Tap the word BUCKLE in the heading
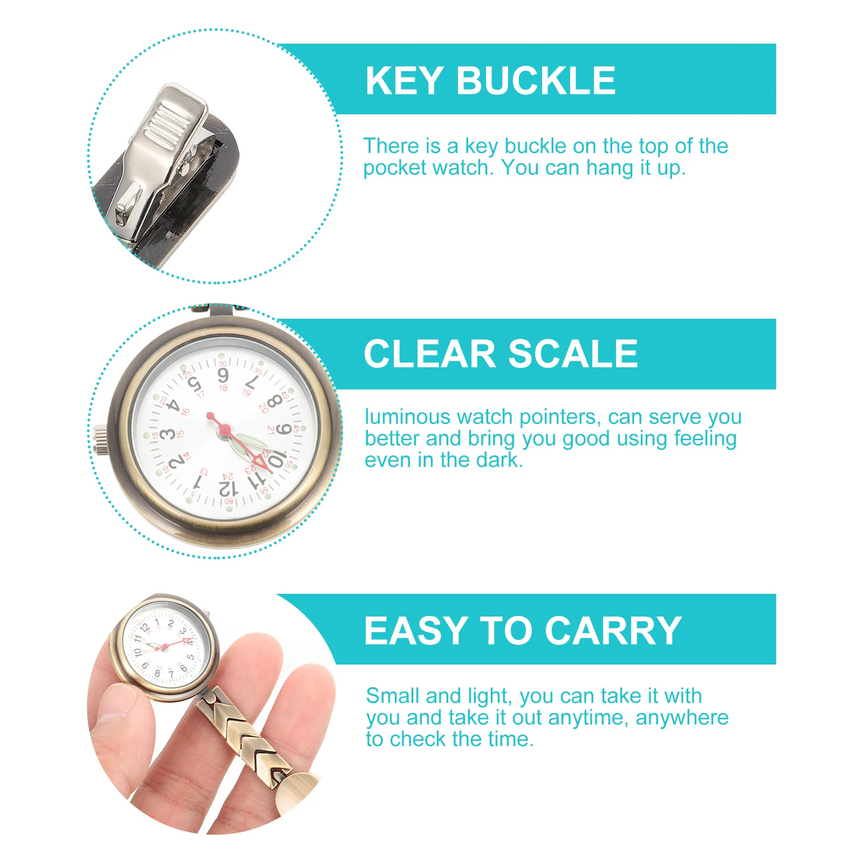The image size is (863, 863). click(536, 81)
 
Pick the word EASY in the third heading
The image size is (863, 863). click(416, 631)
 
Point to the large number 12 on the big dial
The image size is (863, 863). click(228, 488)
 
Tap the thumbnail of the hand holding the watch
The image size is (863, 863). click(115, 704)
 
